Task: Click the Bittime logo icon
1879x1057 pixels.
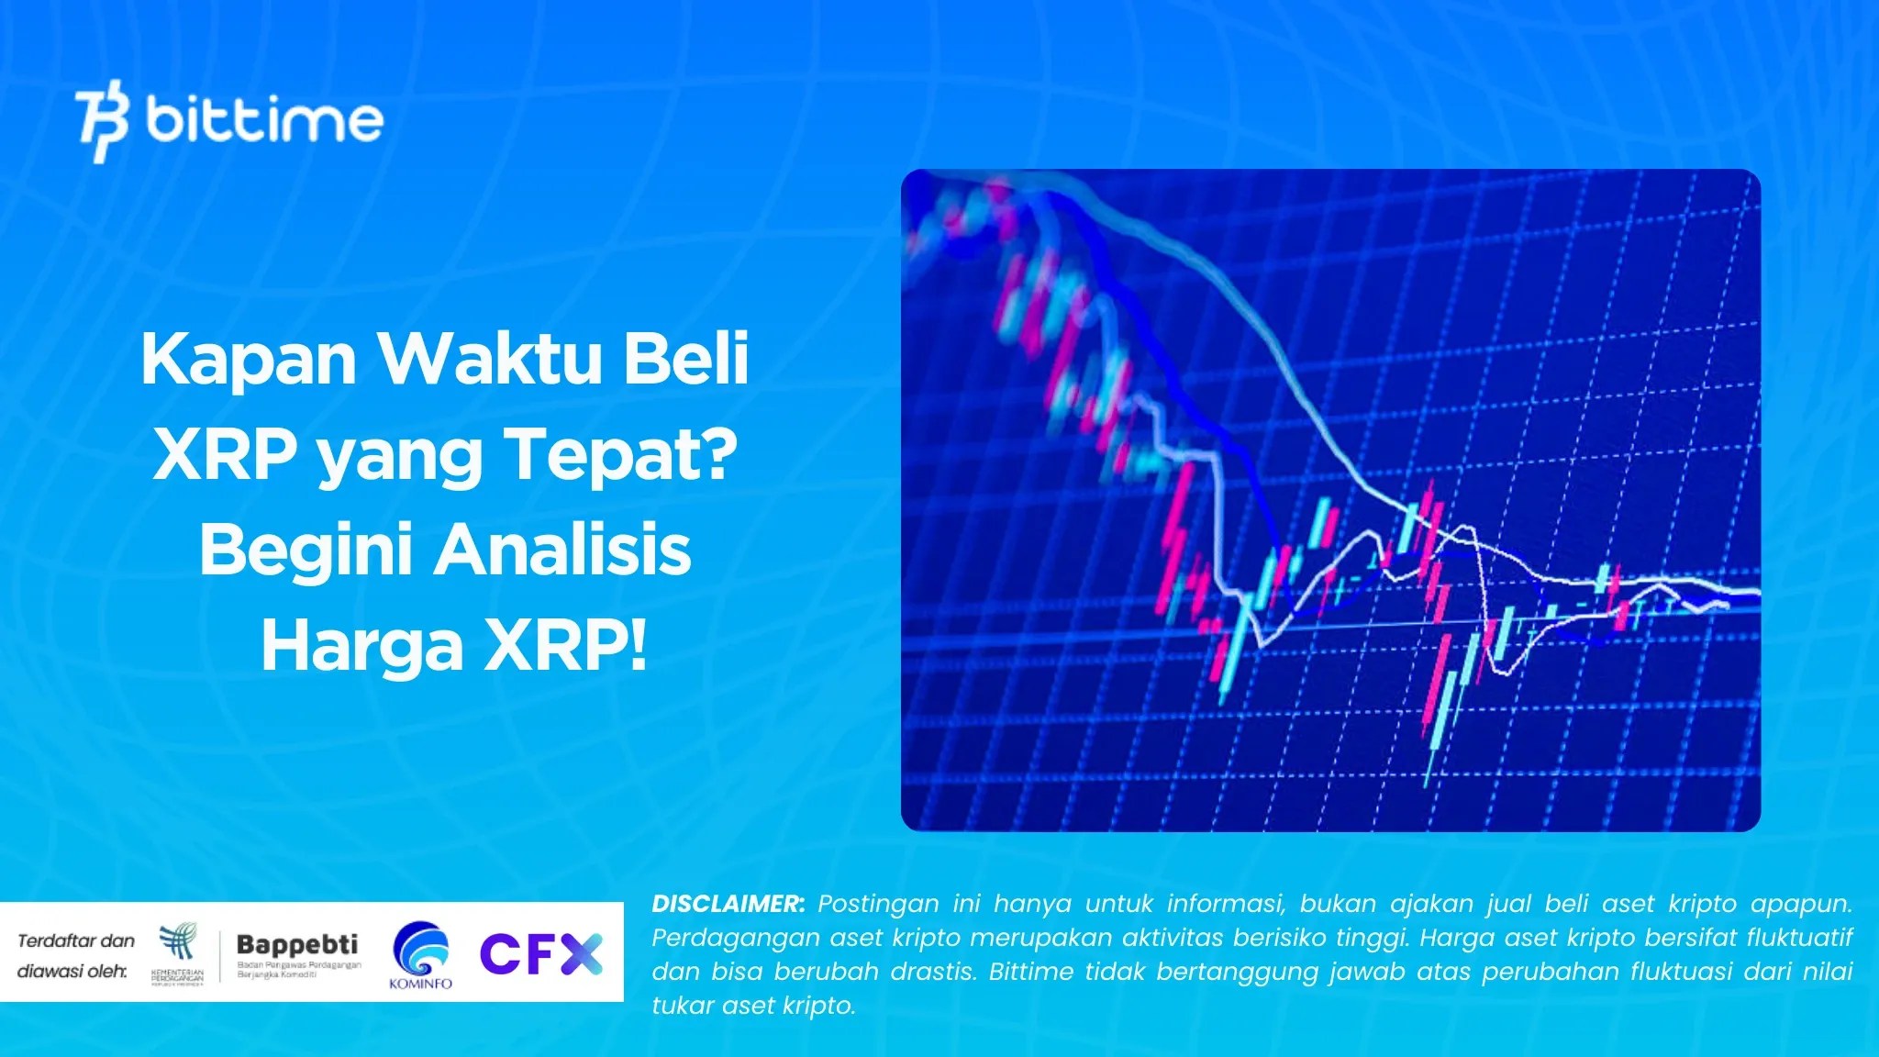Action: click(101, 121)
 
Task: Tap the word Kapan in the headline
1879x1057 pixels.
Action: click(249, 360)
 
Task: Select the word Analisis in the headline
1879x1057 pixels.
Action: click(562, 551)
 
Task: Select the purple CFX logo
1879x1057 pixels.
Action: click(541, 954)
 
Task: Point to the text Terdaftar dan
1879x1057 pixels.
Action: click(76, 940)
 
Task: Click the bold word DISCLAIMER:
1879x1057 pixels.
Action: click(728, 904)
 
